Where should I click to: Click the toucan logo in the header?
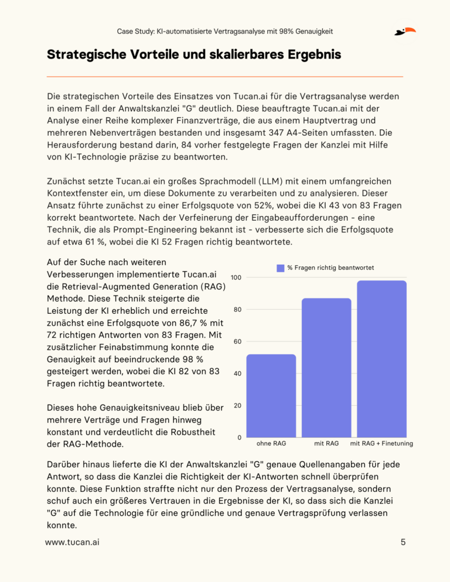(x=405, y=31)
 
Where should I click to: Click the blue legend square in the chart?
(x=280, y=268)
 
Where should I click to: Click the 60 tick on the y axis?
(x=237, y=341)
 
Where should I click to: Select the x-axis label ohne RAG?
(x=271, y=443)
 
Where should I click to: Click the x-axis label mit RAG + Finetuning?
(x=381, y=443)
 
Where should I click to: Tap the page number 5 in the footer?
(x=403, y=542)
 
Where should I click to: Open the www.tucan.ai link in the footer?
(x=72, y=542)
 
